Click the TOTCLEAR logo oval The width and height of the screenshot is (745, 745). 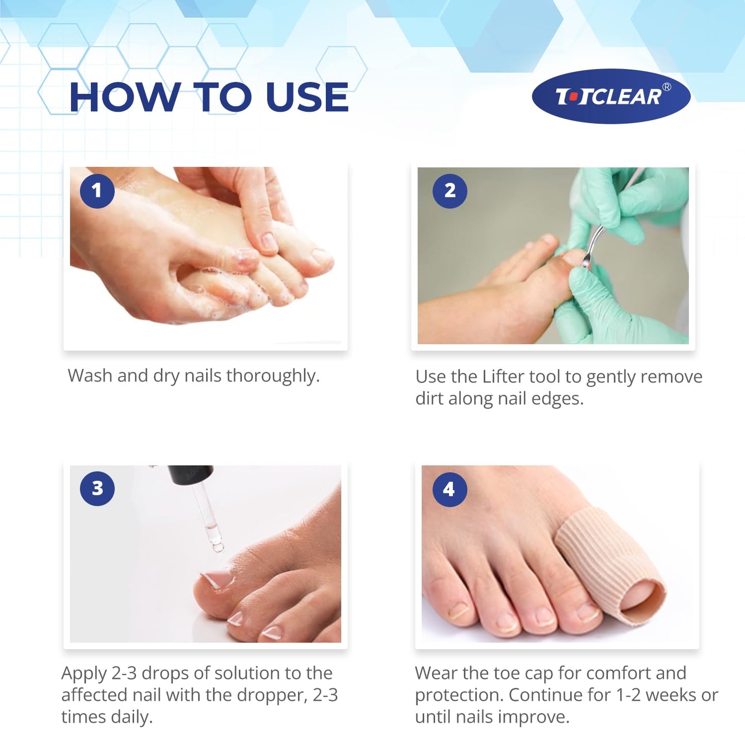tap(611, 96)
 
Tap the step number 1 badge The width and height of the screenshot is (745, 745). tap(97, 191)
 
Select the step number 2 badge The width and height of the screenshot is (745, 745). tap(450, 191)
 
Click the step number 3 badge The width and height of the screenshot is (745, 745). tap(97, 488)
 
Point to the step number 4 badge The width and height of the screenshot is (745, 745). tap(449, 489)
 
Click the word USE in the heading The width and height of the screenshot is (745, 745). tap(307, 97)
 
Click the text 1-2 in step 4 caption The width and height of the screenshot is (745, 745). tap(628, 695)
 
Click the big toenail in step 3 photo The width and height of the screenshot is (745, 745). tap(216, 579)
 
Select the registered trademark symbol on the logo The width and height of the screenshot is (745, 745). tap(667, 87)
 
